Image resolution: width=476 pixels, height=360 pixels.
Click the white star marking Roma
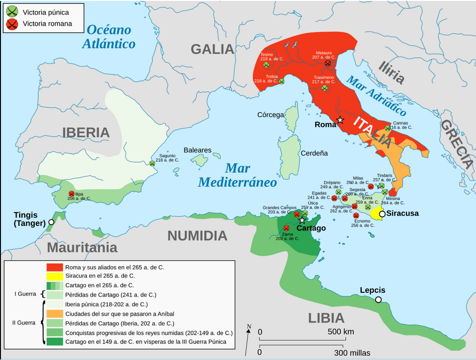point(341,120)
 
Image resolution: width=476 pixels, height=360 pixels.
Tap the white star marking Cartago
point(302,220)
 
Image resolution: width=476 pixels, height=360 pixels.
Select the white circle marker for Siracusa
point(382,214)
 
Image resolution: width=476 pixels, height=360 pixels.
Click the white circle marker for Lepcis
point(378,299)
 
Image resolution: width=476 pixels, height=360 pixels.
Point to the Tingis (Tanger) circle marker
point(51,222)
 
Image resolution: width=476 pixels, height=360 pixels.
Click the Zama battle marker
point(286,228)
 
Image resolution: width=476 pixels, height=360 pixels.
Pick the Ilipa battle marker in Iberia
point(71,194)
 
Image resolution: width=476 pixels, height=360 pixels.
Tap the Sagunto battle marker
point(152,163)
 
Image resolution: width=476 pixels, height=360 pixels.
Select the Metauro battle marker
point(328,63)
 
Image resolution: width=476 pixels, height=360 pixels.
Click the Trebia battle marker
point(282,81)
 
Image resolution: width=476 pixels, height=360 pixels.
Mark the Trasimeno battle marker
point(325,88)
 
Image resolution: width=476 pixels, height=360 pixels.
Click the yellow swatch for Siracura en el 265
point(55,276)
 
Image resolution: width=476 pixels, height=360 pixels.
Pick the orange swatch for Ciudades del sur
point(55,313)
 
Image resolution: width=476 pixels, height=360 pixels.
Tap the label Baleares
point(197,150)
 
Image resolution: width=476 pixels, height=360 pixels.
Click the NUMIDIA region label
point(197,236)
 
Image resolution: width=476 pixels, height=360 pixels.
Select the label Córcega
point(270,115)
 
